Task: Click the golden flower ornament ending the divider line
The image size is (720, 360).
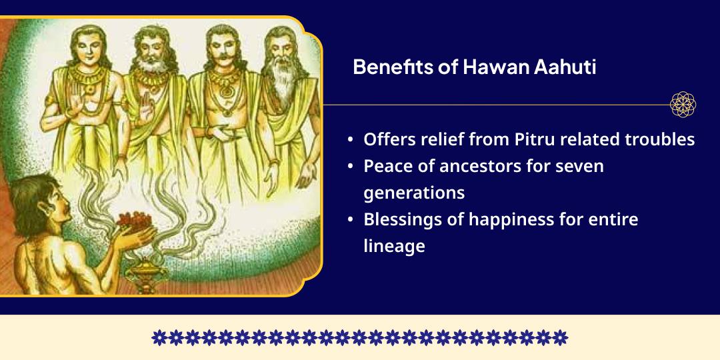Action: click(x=683, y=105)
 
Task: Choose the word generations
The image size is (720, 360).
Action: click(x=414, y=193)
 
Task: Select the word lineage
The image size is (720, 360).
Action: click(x=394, y=246)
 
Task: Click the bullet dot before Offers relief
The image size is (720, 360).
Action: click(x=351, y=141)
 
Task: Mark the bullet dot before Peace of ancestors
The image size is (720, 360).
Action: click(x=351, y=167)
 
